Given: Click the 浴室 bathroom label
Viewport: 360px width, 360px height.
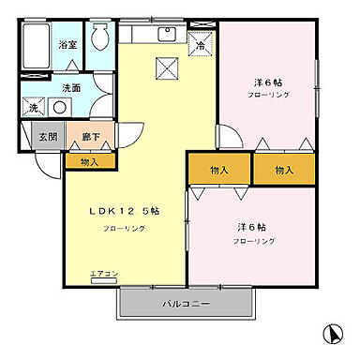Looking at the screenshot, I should [x=67, y=45].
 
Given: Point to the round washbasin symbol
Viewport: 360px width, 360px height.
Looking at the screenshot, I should [x=60, y=107].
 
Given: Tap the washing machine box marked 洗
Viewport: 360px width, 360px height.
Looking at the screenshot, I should [x=33, y=108].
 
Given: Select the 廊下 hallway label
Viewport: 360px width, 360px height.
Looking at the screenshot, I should [x=89, y=136].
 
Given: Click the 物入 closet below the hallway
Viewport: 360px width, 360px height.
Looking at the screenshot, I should [x=89, y=161].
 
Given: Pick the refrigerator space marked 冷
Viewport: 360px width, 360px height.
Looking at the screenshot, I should [x=201, y=43].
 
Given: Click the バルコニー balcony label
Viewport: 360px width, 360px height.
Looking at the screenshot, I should [x=187, y=305].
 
